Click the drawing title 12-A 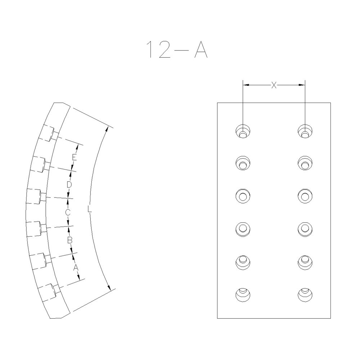[x=176, y=49]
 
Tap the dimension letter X [x=274, y=85]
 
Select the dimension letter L [x=90, y=210]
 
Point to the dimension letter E [x=74, y=157]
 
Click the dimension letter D [x=70, y=184]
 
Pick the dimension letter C [x=67, y=212]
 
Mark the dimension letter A [x=76, y=267]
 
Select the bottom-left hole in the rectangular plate [x=243, y=294]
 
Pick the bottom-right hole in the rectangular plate [x=305, y=294]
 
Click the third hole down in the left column [x=243, y=196]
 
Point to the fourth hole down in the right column [x=305, y=228]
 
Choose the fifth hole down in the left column [x=243, y=261]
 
